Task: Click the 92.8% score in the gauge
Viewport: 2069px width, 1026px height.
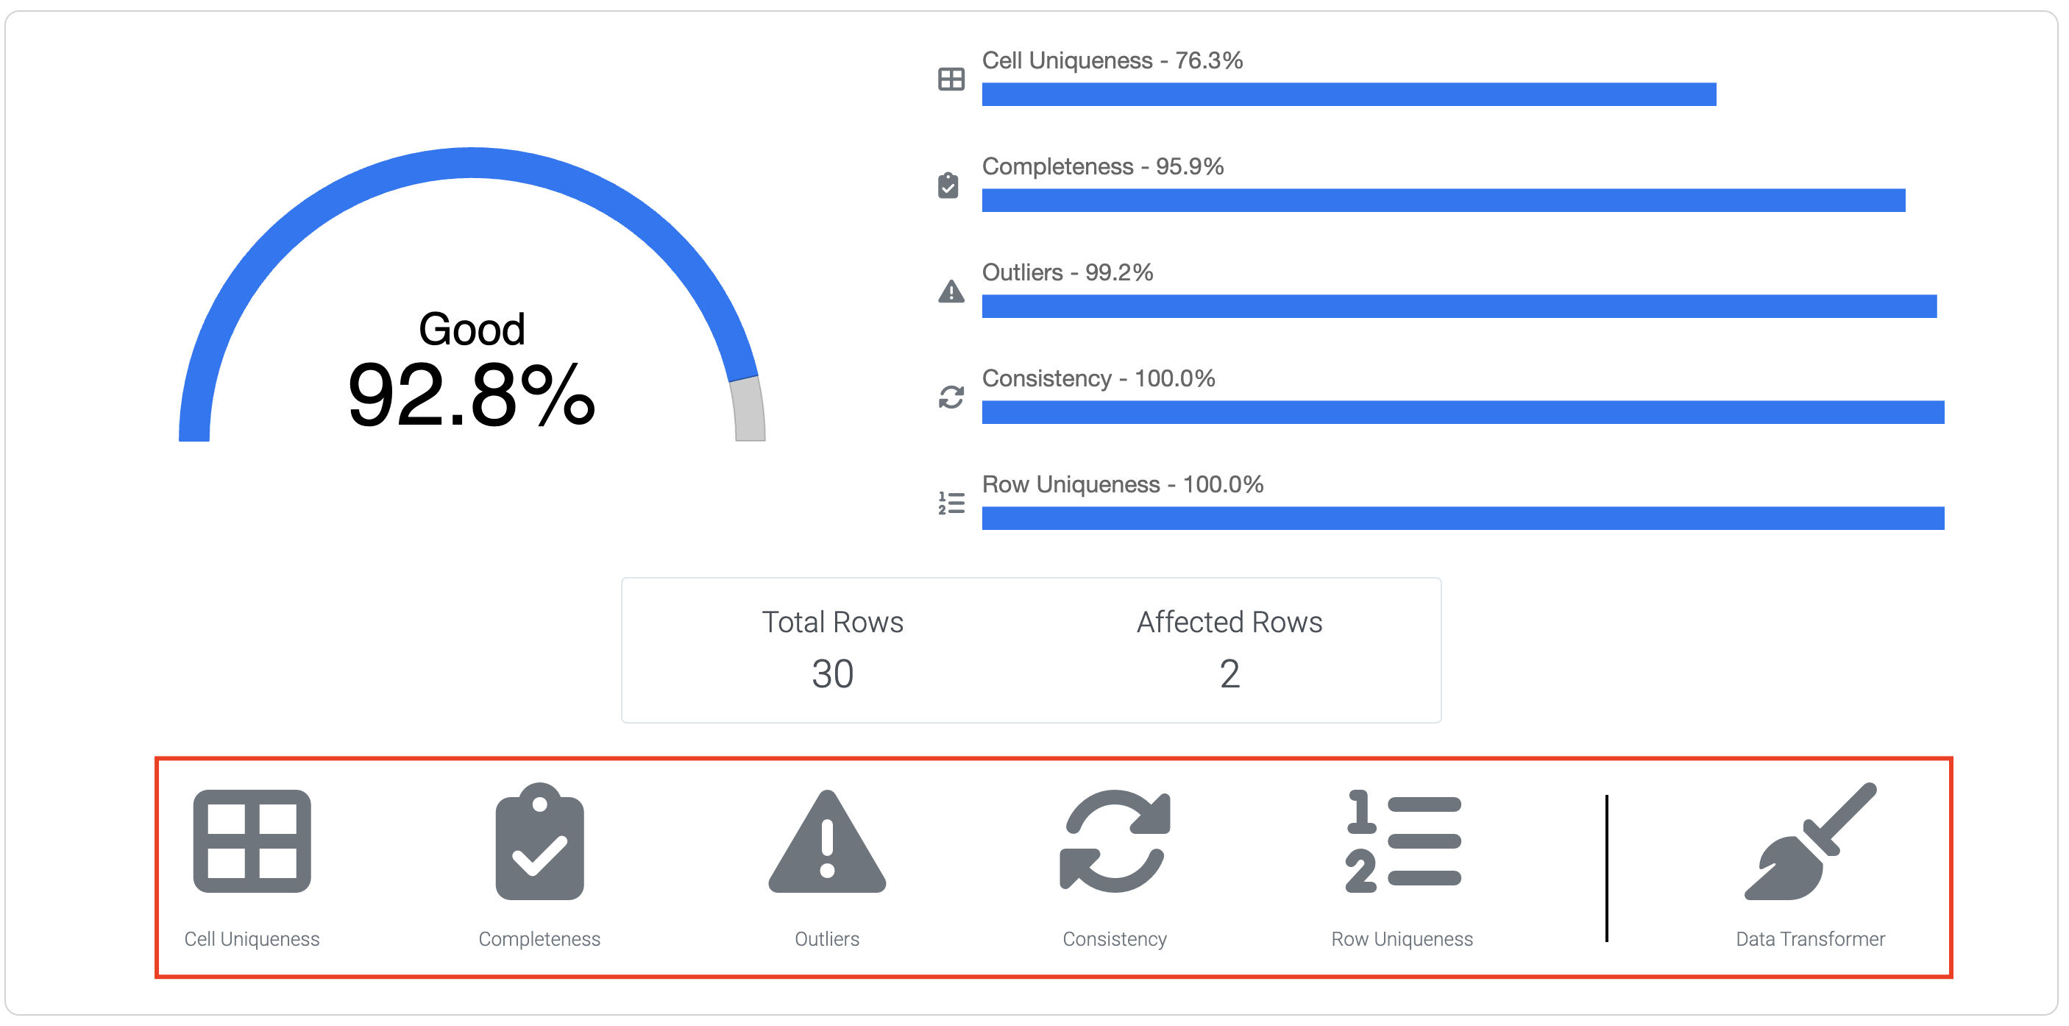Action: tap(471, 395)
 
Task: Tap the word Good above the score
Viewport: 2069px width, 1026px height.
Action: tap(472, 330)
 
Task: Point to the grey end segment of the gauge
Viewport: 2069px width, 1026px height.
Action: tap(748, 410)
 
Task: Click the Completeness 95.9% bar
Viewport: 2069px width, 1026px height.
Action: tap(1443, 201)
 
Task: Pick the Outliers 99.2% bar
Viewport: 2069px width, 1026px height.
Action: tap(1458, 307)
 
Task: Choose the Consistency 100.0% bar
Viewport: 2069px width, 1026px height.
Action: tap(1462, 413)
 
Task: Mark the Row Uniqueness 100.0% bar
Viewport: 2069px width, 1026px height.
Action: tap(1462, 519)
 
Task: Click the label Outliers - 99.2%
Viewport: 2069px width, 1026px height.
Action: tap(1067, 273)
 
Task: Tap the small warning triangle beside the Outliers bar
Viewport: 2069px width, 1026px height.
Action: tap(951, 291)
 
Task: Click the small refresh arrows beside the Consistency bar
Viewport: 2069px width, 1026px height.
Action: tap(951, 397)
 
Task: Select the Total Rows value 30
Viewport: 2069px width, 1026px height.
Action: tap(832, 673)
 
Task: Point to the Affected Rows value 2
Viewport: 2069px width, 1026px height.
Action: tap(1229, 673)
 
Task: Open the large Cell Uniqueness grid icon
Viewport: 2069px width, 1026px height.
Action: tap(252, 841)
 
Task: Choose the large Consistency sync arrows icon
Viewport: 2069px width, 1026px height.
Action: tap(1115, 841)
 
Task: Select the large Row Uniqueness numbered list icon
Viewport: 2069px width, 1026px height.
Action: tap(1402, 841)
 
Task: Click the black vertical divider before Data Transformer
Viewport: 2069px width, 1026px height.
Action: tap(1606, 868)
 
